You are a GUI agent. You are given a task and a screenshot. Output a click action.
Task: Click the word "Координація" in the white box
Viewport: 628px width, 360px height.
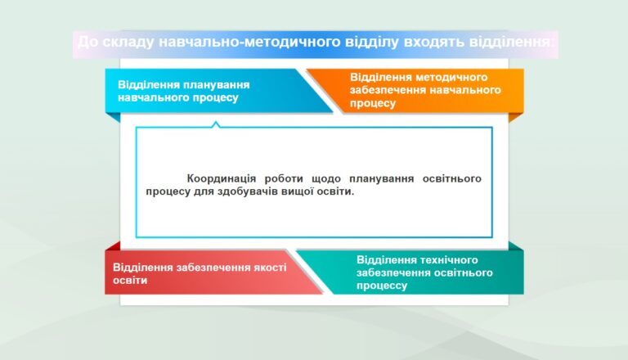221,178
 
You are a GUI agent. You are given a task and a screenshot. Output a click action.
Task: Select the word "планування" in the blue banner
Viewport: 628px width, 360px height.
217,85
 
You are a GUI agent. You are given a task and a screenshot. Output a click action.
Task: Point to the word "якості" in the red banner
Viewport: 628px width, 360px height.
270,267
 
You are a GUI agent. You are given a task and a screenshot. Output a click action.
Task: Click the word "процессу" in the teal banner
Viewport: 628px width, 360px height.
382,286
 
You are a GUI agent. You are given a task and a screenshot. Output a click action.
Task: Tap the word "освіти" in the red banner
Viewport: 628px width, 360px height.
130,280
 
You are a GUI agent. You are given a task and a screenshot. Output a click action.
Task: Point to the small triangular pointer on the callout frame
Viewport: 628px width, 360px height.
216,124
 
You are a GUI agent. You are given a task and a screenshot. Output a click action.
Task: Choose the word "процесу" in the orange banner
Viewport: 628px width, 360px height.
373,103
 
